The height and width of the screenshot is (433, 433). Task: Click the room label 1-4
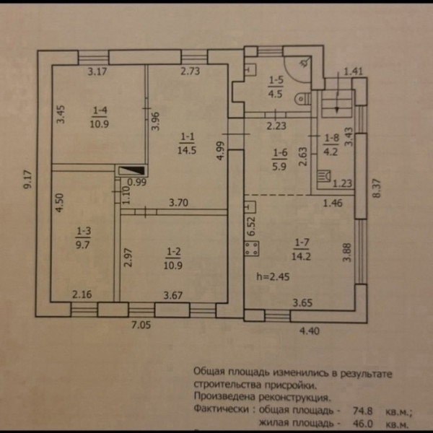(100, 110)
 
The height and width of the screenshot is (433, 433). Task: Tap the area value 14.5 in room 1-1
(188, 150)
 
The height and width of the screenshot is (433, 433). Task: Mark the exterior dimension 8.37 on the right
(375, 189)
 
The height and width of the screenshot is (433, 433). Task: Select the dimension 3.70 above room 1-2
(178, 204)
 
